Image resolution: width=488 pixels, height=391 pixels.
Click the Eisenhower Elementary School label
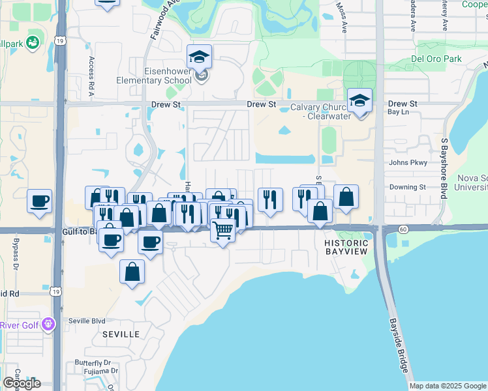(x=168, y=76)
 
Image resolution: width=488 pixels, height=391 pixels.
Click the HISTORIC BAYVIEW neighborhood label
(x=346, y=246)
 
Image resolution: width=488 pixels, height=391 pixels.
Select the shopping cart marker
(x=223, y=230)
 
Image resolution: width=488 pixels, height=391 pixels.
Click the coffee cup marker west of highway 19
(x=39, y=201)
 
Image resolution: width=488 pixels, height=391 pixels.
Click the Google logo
(x=22, y=383)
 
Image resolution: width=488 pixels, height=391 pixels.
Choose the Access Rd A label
(x=91, y=76)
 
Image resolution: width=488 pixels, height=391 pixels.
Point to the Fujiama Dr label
(x=96, y=371)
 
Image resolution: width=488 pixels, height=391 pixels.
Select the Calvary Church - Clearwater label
(x=320, y=111)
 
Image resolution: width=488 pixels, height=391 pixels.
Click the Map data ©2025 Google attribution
(x=448, y=386)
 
